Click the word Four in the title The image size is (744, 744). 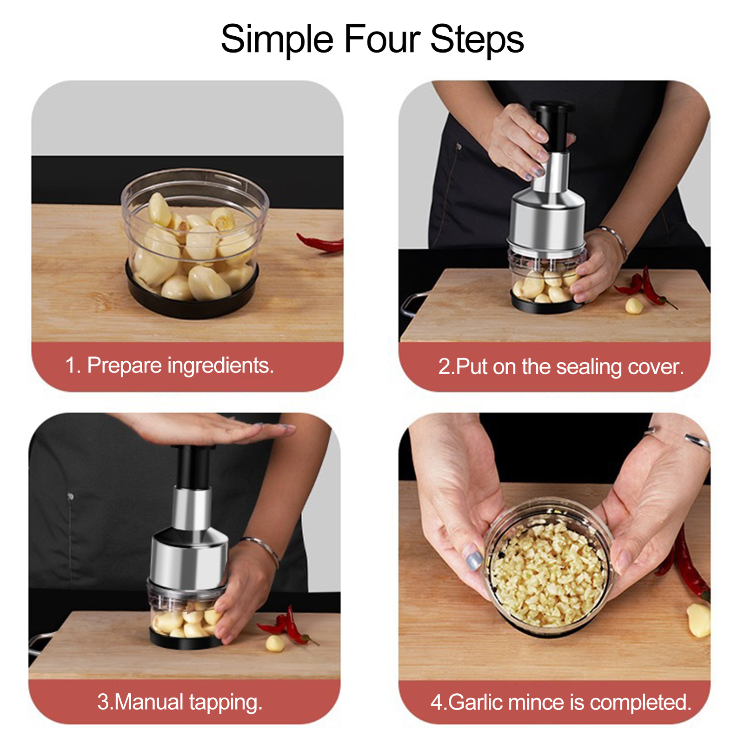coord(382,40)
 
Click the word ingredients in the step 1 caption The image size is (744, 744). coord(220,366)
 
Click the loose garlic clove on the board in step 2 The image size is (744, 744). coord(634,306)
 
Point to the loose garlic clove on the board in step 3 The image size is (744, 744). coord(274,644)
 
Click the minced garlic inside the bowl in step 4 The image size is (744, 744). coord(549,577)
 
